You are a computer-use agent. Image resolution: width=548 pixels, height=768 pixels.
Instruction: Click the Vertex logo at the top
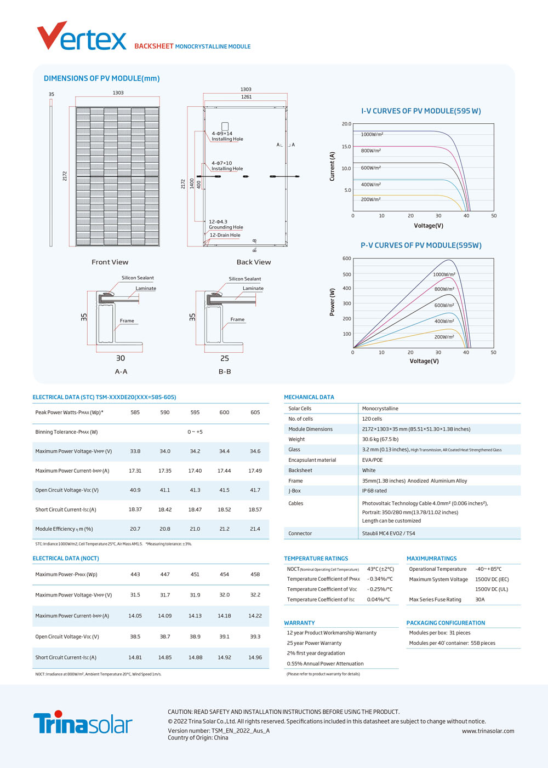(x=82, y=36)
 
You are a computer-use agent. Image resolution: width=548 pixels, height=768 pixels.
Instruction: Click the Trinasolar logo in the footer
(x=83, y=722)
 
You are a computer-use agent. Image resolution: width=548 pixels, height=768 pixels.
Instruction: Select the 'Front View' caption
(x=110, y=262)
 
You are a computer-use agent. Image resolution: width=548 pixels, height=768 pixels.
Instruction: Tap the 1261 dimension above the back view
(x=246, y=97)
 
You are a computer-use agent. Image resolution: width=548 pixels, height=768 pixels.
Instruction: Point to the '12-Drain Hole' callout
(x=225, y=235)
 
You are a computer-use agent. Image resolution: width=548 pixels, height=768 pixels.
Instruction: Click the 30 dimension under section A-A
(x=121, y=358)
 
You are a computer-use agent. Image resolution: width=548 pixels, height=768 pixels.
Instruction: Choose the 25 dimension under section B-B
(x=225, y=358)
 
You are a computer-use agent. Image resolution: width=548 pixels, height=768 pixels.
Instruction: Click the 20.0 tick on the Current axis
(x=346, y=124)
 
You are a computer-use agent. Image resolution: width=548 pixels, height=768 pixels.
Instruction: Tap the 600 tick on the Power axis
(x=347, y=259)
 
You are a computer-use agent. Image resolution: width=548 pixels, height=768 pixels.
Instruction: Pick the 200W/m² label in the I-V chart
(x=370, y=199)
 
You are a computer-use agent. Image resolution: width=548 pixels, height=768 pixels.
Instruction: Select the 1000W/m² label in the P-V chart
(x=444, y=274)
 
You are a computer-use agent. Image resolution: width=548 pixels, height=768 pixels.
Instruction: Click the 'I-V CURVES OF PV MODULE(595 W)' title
(x=421, y=111)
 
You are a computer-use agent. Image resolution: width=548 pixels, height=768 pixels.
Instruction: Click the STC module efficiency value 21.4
(x=255, y=529)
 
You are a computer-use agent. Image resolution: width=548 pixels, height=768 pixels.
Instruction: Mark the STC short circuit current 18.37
(x=135, y=509)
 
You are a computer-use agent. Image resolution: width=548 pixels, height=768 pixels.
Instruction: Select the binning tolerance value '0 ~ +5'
(x=195, y=432)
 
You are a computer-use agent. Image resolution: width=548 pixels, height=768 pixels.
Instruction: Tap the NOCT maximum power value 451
(x=195, y=574)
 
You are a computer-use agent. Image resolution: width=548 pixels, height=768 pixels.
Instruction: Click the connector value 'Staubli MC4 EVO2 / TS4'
(x=389, y=533)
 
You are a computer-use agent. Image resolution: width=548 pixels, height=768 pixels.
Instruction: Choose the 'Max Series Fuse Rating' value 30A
(x=480, y=599)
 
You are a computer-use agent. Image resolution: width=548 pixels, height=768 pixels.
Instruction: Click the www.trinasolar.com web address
(x=488, y=731)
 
